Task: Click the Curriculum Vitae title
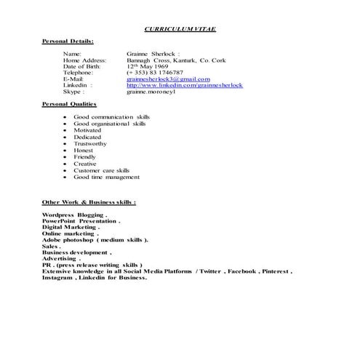[x=180, y=28]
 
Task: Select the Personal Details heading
[x=68, y=41]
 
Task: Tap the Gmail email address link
[x=168, y=79]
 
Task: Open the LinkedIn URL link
[x=185, y=86]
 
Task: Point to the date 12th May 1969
[x=148, y=66]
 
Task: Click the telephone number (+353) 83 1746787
[x=154, y=73]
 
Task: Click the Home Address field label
[x=85, y=60]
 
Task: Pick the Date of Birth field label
[x=83, y=66]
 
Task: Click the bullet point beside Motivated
[x=66, y=130]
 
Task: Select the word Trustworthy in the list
[x=95, y=143]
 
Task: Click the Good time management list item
[x=106, y=177]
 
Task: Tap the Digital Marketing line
[x=70, y=227]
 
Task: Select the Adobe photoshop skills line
[x=95, y=239]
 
